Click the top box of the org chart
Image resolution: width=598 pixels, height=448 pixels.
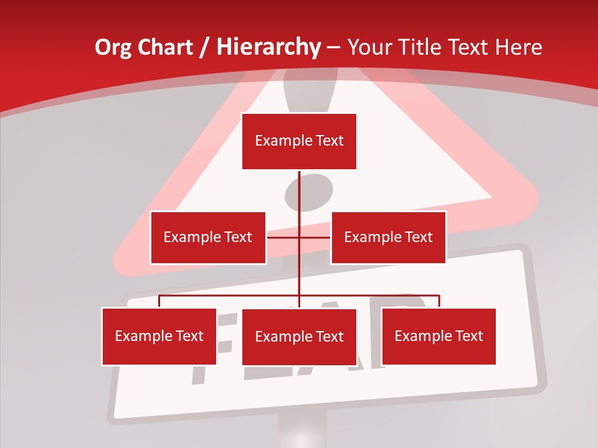tap(299, 141)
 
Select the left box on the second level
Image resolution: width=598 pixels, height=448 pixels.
tap(208, 237)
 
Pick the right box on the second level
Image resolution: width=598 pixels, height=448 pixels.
tap(388, 237)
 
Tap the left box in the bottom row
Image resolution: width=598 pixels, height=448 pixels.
tap(159, 336)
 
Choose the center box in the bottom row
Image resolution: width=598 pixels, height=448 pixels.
tap(299, 337)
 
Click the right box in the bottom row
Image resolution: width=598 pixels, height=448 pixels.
tap(439, 336)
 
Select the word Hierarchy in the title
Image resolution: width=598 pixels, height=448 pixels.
tap(268, 47)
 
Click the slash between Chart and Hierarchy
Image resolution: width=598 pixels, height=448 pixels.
tap(204, 47)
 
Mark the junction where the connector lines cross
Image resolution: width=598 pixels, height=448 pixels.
tap(300, 237)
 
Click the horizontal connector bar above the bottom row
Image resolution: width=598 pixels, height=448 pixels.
tap(230, 296)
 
